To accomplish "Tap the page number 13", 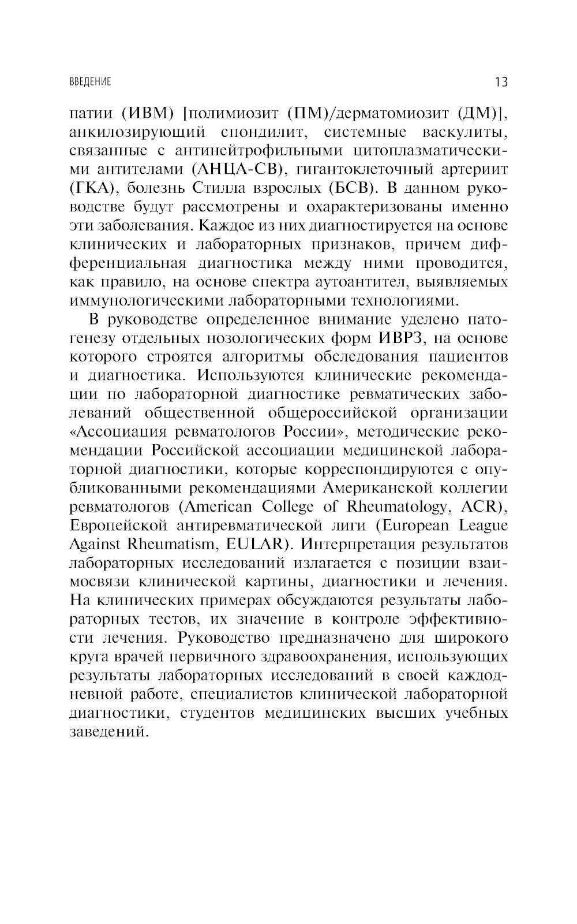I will click(x=501, y=82).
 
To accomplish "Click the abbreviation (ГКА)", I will click(x=92, y=188).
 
